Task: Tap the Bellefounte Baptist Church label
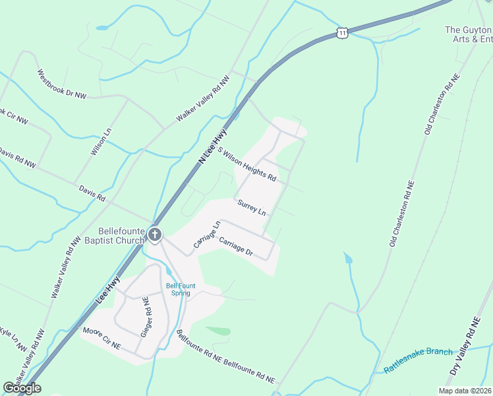tap(121, 236)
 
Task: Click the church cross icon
tap(155, 234)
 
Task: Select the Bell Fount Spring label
tap(177, 289)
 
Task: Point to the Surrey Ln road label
tap(252, 208)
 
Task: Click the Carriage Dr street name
tap(236, 246)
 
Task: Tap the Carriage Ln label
tap(206, 235)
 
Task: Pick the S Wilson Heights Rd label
tap(246, 165)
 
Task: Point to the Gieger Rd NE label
tap(146, 317)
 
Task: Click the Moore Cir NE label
tap(101, 337)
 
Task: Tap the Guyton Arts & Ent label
tap(469, 34)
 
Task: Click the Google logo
tap(22, 388)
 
